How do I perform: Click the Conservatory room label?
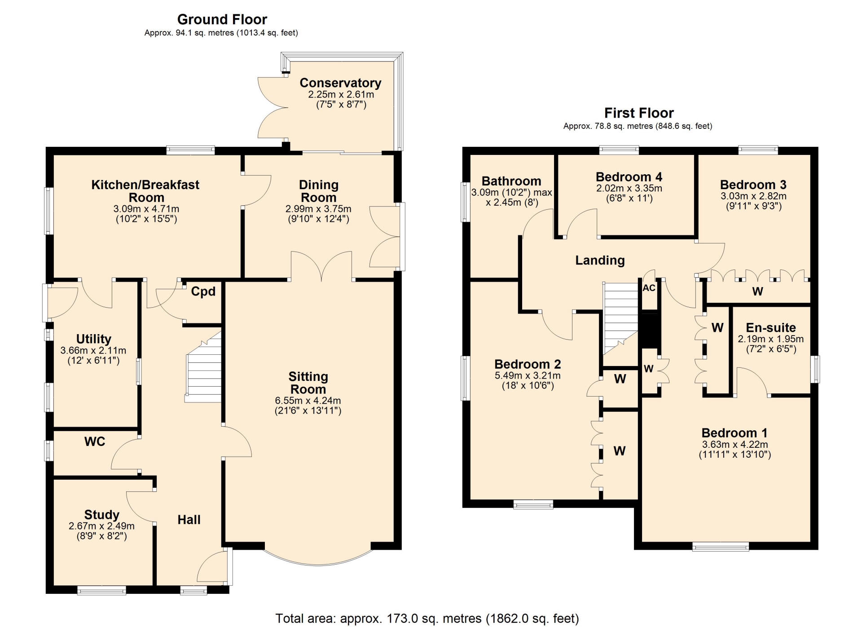point(340,83)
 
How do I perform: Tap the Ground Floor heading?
point(222,19)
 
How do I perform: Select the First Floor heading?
point(639,113)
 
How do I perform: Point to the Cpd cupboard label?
point(203,292)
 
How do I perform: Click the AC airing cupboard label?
point(649,288)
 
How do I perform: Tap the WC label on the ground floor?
point(95,442)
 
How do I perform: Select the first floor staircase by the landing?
point(620,318)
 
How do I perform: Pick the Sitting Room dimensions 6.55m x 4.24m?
point(308,401)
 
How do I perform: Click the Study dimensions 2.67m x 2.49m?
point(101,526)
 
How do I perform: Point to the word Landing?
point(600,261)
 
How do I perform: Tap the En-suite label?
point(771,328)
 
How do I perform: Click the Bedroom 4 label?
point(629,177)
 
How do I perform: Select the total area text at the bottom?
point(427,618)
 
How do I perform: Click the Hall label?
point(189,520)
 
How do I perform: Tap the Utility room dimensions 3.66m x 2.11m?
point(93,350)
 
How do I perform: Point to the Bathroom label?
point(511,181)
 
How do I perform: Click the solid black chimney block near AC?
point(649,331)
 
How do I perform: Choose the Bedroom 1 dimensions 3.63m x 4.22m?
point(735,445)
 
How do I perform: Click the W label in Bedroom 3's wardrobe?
point(757,291)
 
